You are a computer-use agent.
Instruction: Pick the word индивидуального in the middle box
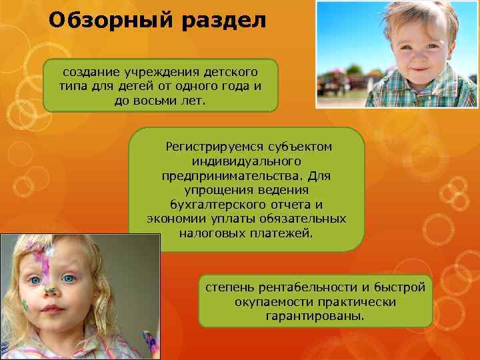pyautogui.click(x=246, y=161)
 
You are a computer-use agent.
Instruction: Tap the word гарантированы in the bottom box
pyautogui.click(x=315, y=317)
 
